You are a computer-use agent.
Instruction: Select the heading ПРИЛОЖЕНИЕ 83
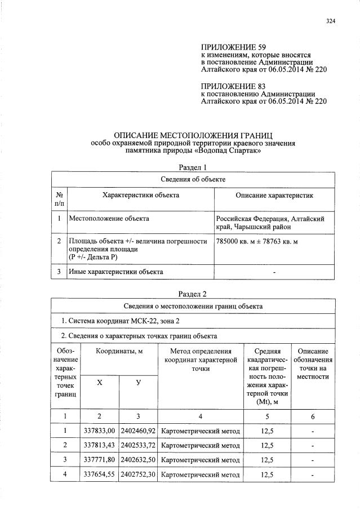pos(233,86)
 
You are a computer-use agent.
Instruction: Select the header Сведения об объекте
pos(193,179)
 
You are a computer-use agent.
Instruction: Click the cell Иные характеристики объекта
pos(115,272)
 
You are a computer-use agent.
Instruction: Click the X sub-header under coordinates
pos(100,383)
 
